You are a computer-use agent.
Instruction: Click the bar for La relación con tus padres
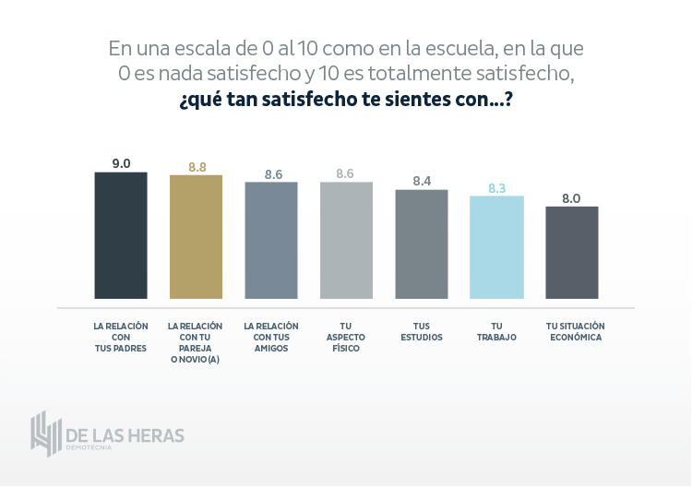121,235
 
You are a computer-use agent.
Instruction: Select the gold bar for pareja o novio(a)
196,237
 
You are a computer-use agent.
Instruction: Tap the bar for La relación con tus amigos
271,240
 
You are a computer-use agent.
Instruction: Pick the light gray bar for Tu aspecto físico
346,240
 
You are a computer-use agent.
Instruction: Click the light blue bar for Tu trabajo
496,247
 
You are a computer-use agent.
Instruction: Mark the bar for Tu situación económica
572,252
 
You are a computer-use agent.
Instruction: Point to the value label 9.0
121,163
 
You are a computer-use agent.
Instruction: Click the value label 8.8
197,167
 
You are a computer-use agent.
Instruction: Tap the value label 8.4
422,181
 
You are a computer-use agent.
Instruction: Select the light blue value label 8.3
496,188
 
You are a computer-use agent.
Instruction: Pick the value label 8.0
571,198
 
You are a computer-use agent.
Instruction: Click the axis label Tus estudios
422,332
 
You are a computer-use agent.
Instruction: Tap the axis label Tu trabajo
496,332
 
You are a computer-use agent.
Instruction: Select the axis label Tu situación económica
573,332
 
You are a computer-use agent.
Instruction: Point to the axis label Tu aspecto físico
346,338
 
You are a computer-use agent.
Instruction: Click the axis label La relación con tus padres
121,338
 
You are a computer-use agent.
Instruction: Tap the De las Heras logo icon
45,434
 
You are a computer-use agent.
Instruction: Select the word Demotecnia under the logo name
89,447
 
